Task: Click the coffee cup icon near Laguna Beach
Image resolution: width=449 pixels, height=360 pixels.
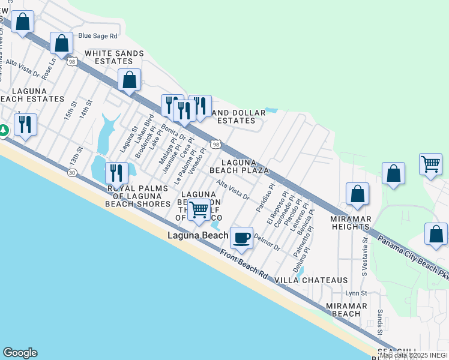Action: click(x=241, y=238)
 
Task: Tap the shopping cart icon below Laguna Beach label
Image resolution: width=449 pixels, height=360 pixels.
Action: click(x=199, y=210)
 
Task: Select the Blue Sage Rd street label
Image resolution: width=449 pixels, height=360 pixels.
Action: click(x=97, y=36)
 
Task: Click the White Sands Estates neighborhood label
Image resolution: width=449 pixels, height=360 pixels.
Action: click(x=114, y=57)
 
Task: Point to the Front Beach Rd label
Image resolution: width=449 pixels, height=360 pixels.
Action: click(x=243, y=263)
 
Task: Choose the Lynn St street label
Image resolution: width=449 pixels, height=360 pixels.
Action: click(x=356, y=293)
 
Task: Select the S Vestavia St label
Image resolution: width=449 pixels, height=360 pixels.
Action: click(x=364, y=255)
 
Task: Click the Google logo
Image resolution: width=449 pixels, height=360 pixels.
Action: click(x=20, y=353)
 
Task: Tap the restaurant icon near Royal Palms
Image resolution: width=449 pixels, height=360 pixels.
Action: click(x=116, y=173)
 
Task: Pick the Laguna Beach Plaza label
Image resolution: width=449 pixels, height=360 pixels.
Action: click(x=239, y=166)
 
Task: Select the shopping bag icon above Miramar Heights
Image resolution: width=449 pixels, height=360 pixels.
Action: click(x=357, y=193)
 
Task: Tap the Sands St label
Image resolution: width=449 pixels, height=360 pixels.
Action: click(x=380, y=323)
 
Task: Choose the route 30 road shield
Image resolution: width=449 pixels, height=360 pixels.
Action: click(x=72, y=173)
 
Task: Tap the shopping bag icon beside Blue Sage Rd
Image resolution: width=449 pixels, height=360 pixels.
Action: click(x=61, y=43)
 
